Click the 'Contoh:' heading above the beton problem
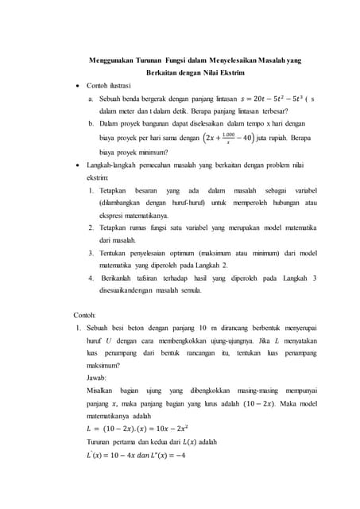85,315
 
